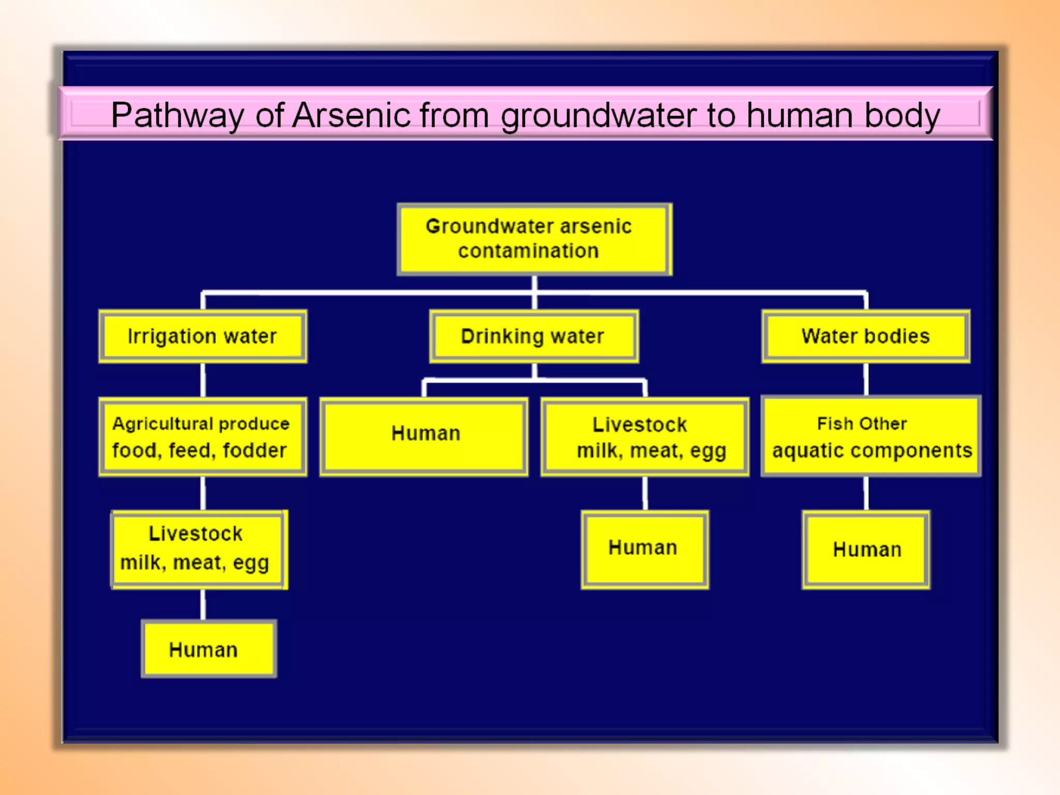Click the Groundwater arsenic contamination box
(x=534, y=239)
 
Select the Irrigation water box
(x=203, y=336)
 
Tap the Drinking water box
(x=534, y=336)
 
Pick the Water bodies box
(x=865, y=336)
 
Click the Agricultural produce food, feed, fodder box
(x=203, y=437)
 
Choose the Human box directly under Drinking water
(x=424, y=437)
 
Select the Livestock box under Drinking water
(x=645, y=437)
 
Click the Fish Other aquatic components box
(x=871, y=437)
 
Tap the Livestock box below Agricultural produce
(x=199, y=549)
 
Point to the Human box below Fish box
(x=866, y=549)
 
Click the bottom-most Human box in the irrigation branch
(x=209, y=649)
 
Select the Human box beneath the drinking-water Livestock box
(x=645, y=549)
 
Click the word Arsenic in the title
(x=351, y=115)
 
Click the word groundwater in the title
(x=598, y=115)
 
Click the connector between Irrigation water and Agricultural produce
(x=203, y=380)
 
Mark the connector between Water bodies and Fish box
(x=865, y=379)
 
